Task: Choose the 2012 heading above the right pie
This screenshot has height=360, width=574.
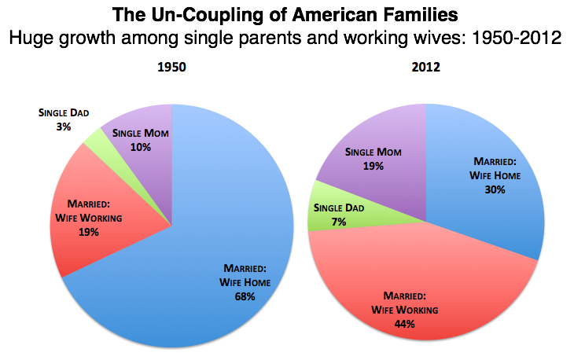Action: click(425, 68)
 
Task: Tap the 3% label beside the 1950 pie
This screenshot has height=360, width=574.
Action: click(64, 126)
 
